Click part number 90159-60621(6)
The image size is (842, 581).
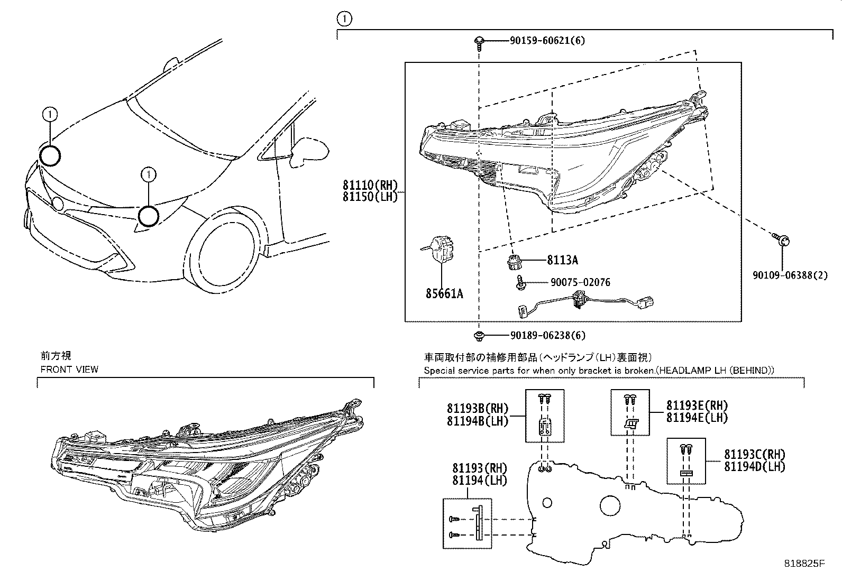coord(547,40)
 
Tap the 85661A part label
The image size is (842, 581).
coord(444,293)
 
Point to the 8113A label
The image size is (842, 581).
coord(562,260)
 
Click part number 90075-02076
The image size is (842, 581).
coord(580,282)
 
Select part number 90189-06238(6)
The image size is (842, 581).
coord(548,335)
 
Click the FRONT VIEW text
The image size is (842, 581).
coord(69,369)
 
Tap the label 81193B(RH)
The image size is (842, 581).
coord(477,408)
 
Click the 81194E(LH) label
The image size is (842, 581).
coord(697,418)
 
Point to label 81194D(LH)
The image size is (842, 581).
coord(754,466)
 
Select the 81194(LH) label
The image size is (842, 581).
coord(479,480)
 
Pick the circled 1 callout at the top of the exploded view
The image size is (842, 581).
coord(344,20)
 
